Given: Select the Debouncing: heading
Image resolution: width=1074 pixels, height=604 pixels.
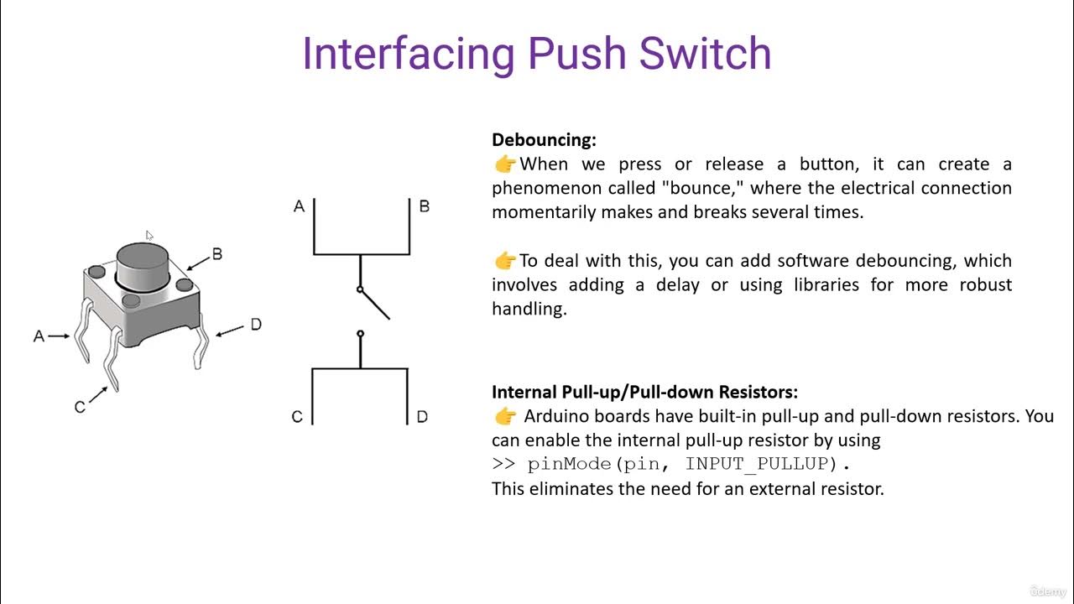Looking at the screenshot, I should pyautogui.click(x=544, y=140).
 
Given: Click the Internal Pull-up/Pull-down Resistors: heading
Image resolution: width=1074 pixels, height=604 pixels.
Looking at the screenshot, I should pyautogui.click(x=644, y=392).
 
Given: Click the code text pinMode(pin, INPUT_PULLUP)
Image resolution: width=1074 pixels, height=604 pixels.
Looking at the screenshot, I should pyautogui.click(x=689, y=464).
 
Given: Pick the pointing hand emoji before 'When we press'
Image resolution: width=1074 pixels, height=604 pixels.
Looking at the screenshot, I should pyautogui.click(x=504, y=164).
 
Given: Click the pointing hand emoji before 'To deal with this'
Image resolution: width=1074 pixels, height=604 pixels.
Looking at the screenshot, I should pyautogui.click(x=504, y=261).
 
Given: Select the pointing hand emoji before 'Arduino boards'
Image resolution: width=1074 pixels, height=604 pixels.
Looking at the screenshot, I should pyautogui.click(x=505, y=416).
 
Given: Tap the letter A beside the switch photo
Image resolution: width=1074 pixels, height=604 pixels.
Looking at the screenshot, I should pyautogui.click(x=39, y=336).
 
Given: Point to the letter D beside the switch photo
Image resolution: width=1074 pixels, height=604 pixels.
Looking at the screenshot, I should pyautogui.click(x=256, y=325).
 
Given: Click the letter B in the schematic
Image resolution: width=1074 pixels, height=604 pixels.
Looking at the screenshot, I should pyautogui.click(x=425, y=206).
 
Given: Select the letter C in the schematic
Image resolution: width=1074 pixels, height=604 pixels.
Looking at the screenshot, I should pyautogui.click(x=297, y=417).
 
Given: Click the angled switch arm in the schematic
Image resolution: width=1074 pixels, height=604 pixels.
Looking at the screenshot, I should pyautogui.click(x=375, y=305).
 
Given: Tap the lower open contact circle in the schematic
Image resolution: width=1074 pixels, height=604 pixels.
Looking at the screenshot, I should pyautogui.click(x=361, y=334).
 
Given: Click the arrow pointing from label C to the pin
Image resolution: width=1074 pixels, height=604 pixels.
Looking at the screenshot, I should pyautogui.click(x=99, y=395).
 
